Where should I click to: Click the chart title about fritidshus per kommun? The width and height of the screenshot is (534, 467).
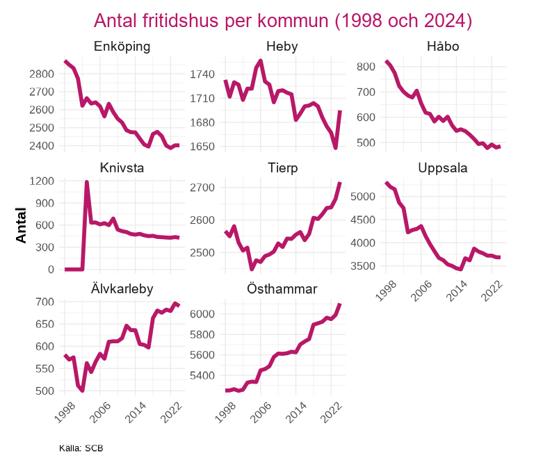pos(283,21)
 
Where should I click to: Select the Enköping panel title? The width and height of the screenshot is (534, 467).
pos(122,47)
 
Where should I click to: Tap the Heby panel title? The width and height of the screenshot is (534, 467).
pos(282,47)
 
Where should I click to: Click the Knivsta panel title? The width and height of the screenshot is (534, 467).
pos(122,169)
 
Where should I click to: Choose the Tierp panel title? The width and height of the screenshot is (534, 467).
pos(282,169)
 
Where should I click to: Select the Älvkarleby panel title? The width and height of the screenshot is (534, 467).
pos(122,289)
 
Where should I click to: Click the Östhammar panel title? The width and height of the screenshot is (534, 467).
pos(282,289)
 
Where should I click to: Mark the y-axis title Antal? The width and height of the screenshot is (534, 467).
pos(22,225)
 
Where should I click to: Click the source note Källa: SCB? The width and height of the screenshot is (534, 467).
pos(81,448)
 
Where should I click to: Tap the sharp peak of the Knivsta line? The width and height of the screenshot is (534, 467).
pos(87,182)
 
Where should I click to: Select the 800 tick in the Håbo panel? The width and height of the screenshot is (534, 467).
pos(366,67)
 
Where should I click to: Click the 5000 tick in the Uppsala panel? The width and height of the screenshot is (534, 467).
pos(364,197)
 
